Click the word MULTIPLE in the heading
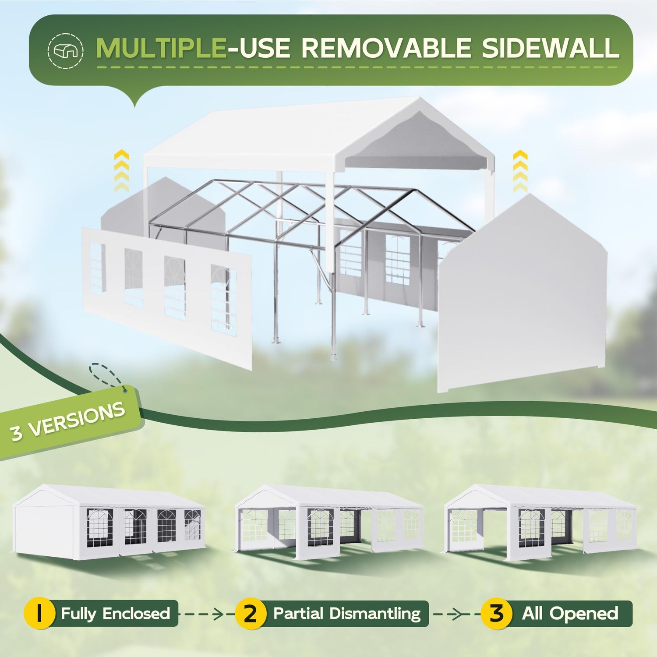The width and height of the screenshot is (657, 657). pyautogui.click(x=161, y=48)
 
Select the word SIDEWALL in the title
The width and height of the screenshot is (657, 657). pyautogui.click(x=551, y=48)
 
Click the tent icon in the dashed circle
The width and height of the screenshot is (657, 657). pyautogui.click(x=65, y=51)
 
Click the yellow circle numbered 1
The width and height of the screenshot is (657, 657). pyautogui.click(x=39, y=613)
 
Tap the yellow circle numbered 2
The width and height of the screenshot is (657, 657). pyautogui.click(x=251, y=614)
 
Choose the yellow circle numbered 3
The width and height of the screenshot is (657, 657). pyautogui.click(x=497, y=614)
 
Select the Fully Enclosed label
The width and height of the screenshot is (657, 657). pyautogui.click(x=116, y=613)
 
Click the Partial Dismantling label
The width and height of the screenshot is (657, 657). pyautogui.click(x=347, y=614)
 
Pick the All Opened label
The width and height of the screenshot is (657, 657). pyautogui.click(x=570, y=614)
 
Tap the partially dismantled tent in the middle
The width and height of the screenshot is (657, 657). pyautogui.click(x=329, y=522)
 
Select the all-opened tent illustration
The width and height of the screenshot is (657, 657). pyautogui.click(x=540, y=522)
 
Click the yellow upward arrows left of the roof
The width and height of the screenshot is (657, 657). pyautogui.click(x=121, y=170)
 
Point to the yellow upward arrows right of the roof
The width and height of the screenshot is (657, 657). pyautogui.click(x=520, y=170)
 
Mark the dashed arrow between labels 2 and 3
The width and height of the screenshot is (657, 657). pyautogui.click(x=455, y=614)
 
